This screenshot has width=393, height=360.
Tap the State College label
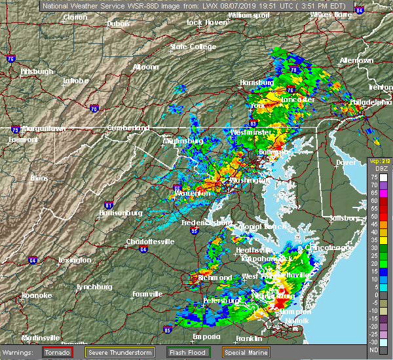(193, 47)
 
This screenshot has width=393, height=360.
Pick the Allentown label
(356, 60)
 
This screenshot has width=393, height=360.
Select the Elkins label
(40, 178)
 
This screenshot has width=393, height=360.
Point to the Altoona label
(145, 67)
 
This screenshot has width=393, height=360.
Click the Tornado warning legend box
(58, 351)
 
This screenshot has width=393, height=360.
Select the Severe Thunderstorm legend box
(122, 351)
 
